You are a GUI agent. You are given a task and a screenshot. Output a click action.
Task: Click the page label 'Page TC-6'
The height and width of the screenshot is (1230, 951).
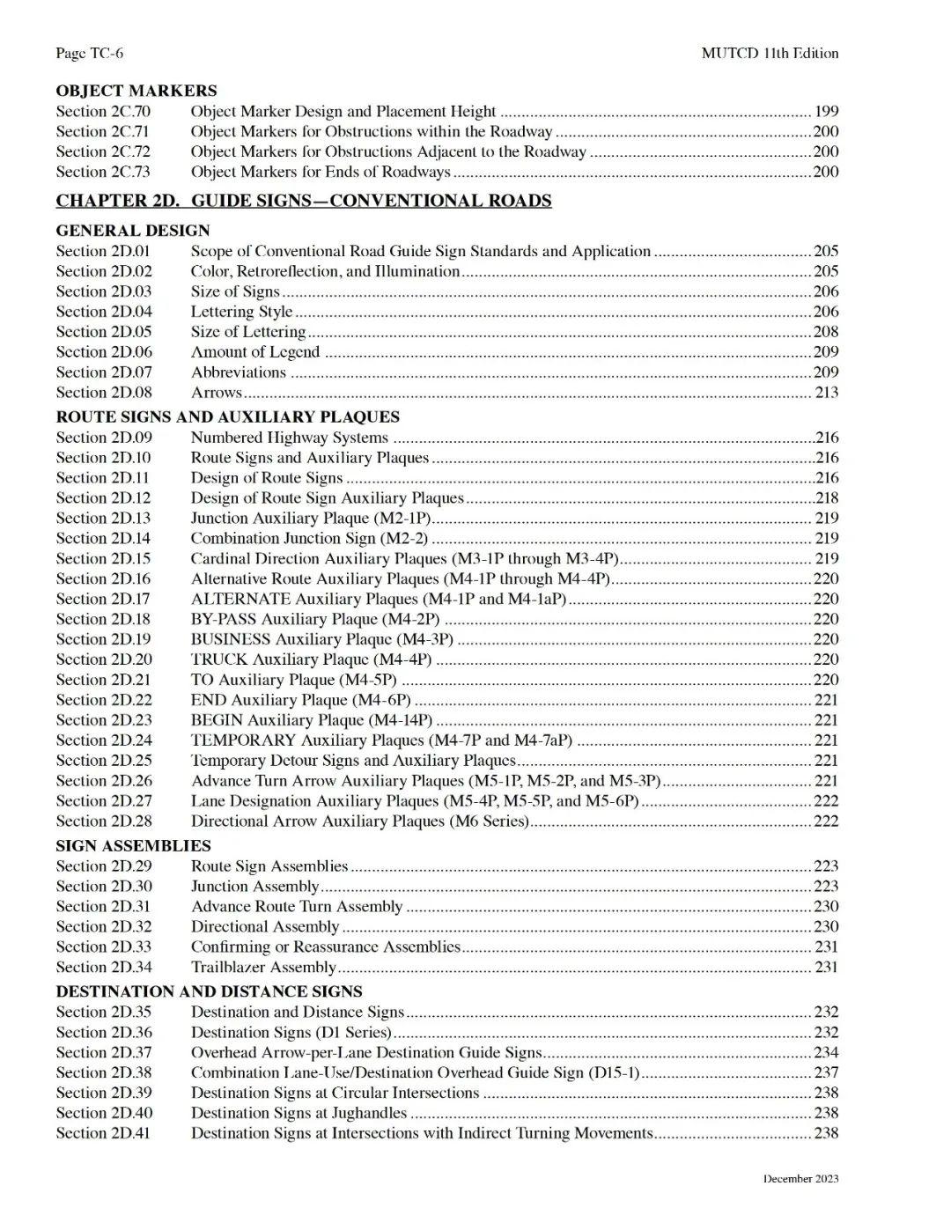coord(90,54)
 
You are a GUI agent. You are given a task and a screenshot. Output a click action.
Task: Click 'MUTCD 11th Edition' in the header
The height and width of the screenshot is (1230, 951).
coord(770,54)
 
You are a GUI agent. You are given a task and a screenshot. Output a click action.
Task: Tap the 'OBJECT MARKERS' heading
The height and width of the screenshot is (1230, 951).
coord(136,91)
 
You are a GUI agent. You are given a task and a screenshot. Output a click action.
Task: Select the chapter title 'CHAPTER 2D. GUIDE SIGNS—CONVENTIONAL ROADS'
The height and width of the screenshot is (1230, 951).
coord(304,201)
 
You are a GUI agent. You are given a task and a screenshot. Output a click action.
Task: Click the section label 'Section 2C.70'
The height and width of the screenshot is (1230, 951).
coord(103,112)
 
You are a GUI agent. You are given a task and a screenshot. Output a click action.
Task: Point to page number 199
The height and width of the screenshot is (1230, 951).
coord(826,112)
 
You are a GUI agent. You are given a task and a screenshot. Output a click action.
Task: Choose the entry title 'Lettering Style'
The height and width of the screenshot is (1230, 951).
coord(241,312)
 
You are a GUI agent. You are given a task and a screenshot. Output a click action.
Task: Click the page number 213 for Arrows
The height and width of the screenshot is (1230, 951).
coord(826,393)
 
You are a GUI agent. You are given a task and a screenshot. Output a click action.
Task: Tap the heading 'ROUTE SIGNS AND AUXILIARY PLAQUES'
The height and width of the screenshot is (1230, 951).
coord(228,417)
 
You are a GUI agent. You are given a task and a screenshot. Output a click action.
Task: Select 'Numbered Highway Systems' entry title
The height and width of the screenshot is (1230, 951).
coord(290,438)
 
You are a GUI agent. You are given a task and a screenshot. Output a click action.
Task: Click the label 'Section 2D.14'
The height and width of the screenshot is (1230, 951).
coord(103,539)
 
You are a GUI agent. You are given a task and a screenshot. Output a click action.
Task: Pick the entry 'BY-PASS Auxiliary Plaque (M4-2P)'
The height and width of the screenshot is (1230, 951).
coord(315,620)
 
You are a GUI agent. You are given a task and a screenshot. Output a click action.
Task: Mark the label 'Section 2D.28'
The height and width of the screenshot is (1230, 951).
coord(104,821)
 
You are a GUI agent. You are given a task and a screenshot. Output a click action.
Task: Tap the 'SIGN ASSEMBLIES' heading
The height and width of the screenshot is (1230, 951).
coord(134,846)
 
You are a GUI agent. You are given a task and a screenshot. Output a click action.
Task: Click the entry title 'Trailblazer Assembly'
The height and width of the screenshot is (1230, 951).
coord(263,968)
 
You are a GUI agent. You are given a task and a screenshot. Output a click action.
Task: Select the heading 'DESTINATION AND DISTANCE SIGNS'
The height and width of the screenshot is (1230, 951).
coord(210,992)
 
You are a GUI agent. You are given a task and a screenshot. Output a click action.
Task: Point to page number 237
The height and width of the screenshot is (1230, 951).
coord(826,1073)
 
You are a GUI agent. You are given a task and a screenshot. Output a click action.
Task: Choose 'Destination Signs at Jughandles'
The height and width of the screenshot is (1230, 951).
coord(299,1114)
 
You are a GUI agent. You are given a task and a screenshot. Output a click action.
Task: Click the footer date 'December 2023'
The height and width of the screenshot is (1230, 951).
coord(800,1179)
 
